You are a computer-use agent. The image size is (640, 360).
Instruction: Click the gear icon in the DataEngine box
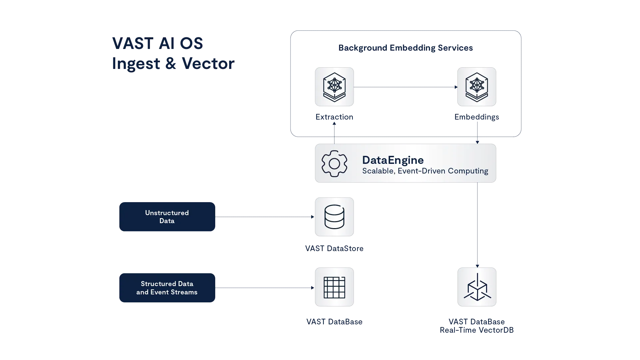pos(334,164)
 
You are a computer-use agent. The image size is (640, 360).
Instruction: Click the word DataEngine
pos(393,160)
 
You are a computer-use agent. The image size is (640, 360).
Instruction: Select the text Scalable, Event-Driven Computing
pos(425,171)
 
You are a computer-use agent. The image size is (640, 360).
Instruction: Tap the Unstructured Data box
pos(167,216)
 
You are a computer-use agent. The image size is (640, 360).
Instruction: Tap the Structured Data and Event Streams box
pos(167,288)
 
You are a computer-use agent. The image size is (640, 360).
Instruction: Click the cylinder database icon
pos(334,217)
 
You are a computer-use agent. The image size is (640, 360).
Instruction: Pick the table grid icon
pos(334,287)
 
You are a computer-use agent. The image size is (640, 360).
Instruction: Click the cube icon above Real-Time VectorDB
pos(477,287)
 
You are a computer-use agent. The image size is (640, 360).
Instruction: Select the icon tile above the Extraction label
pos(334,87)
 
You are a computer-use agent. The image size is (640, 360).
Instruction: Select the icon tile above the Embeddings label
pos(477,87)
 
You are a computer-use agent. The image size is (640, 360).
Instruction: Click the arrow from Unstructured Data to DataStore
pos(265,217)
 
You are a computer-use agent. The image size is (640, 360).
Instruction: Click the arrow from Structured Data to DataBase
pos(265,287)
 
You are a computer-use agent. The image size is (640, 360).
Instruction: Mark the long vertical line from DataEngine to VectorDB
pos(478,225)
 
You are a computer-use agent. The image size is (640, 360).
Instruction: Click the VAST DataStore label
pos(334,249)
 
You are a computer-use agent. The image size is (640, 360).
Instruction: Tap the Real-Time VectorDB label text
pos(477,330)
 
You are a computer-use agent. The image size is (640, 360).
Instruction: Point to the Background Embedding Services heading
pos(405,48)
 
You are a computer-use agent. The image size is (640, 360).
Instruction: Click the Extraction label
pos(334,117)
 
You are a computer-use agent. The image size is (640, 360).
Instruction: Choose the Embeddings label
pos(477,117)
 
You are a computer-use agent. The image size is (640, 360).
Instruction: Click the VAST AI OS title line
pos(157,44)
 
